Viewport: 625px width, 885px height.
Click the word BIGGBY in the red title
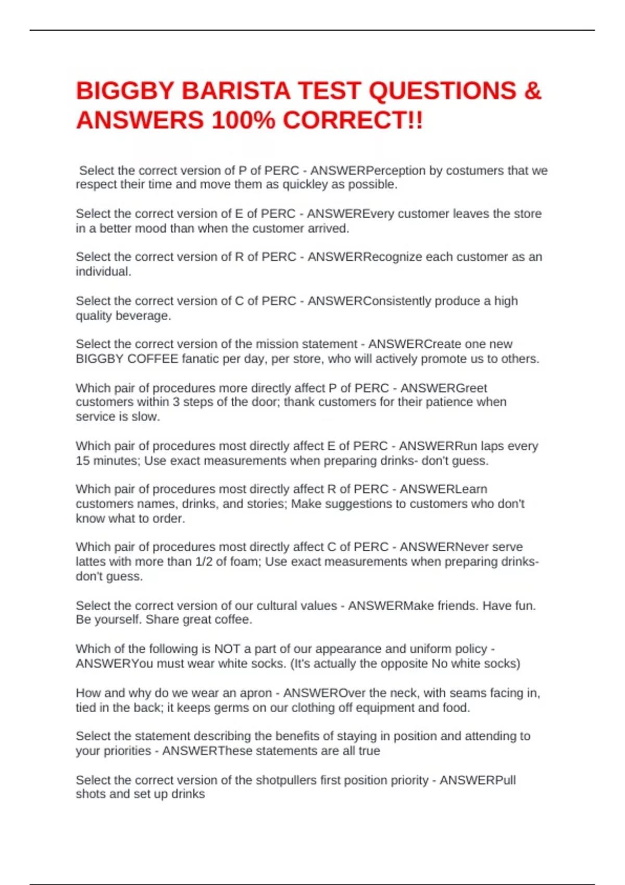(124, 91)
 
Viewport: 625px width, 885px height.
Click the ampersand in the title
(533, 91)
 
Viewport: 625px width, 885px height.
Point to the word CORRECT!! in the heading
(353, 121)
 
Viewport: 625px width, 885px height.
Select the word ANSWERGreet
(443, 388)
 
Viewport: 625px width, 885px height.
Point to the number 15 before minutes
(83, 461)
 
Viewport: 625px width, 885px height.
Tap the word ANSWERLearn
(443, 489)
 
